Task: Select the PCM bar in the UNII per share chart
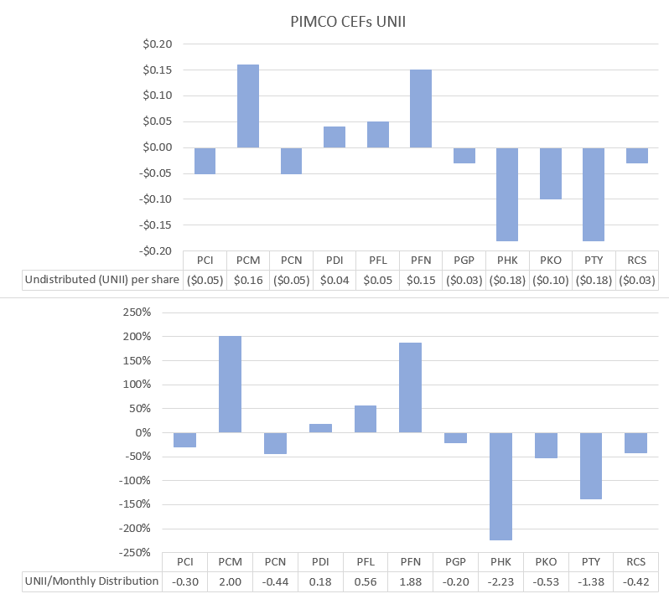tap(248, 106)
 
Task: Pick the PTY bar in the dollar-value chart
tap(594, 194)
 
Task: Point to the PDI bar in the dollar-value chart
tap(334, 137)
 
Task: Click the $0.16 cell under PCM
tap(248, 280)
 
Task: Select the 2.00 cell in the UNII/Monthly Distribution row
tap(230, 581)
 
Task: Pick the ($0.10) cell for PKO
tap(551, 280)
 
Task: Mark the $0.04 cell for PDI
tap(334, 280)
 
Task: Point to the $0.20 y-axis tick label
tap(154, 44)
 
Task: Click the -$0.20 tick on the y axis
tap(153, 251)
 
